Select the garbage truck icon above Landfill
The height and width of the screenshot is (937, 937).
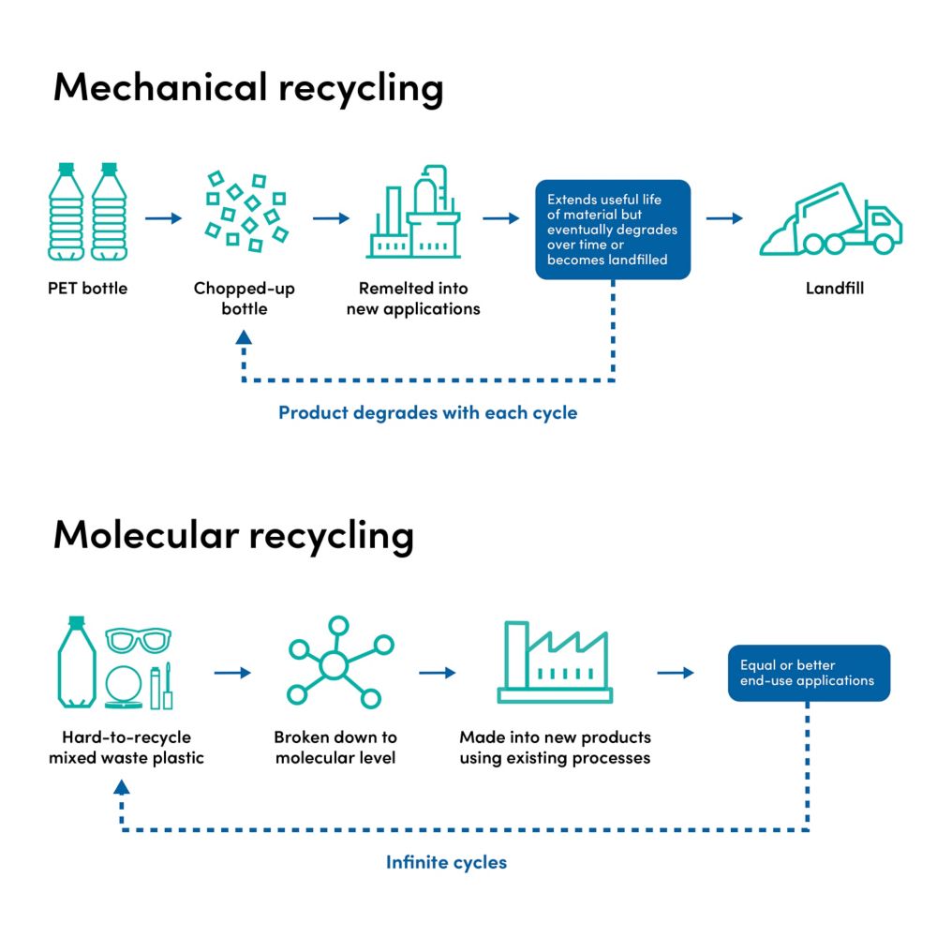830,219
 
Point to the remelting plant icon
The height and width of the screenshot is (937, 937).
413,213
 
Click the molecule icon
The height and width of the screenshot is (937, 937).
335,662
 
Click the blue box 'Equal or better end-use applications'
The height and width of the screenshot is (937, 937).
808,673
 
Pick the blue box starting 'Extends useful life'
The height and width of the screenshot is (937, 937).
613,230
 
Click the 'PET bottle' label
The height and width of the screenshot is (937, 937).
87,288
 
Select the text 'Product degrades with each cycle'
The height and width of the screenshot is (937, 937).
427,412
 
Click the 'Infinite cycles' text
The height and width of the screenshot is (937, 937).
446,862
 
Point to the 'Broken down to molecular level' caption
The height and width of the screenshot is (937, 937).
335,747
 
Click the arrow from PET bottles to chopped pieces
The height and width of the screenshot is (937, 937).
164,218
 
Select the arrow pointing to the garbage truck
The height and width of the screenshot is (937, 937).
723,218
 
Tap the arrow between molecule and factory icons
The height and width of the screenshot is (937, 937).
438,673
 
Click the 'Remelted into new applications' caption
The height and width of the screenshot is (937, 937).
413,298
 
